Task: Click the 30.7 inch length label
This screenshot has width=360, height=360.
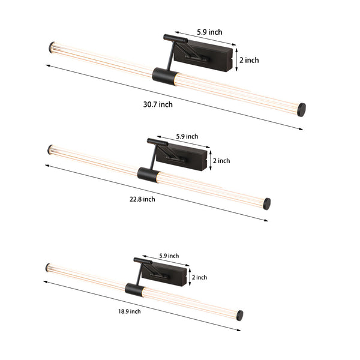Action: pyautogui.click(x=158, y=104)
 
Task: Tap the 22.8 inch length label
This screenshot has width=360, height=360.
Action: pyautogui.click(x=141, y=199)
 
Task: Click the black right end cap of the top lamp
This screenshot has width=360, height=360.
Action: pyautogui.click(x=302, y=109)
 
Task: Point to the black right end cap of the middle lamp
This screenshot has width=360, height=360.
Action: pyautogui.click(x=266, y=203)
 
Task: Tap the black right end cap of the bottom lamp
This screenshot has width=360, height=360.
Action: pyautogui.click(x=239, y=315)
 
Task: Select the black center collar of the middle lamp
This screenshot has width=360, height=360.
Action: pyautogui.click(x=147, y=175)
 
